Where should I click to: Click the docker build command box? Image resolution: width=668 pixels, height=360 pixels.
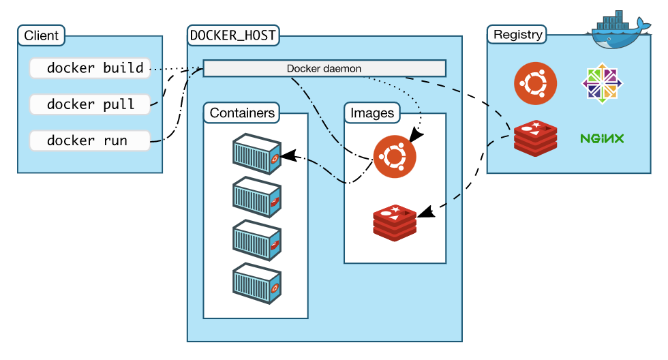click(x=90, y=68)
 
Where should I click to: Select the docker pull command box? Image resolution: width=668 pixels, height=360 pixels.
click(x=90, y=104)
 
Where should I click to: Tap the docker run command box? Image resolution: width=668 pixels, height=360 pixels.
click(x=90, y=140)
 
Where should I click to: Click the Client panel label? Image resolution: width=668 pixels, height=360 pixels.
click(x=42, y=35)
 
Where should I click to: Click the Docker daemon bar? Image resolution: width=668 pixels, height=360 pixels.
click(x=324, y=68)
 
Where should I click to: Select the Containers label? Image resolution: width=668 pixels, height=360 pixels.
click(x=242, y=113)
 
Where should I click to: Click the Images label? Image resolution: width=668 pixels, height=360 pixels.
click(x=371, y=113)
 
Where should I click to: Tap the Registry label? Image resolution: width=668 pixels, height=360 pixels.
click(x=518, y=35)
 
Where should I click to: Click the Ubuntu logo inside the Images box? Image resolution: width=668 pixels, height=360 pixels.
click(x=394, y=156)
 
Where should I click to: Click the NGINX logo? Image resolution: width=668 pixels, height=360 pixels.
click(x=602, y=138)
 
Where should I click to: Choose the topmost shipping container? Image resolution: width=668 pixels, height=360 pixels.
click(x=257, y=153)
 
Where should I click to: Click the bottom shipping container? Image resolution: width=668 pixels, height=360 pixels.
click(x=257, y=283)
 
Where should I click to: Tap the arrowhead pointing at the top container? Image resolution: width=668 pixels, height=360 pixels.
click(x=289, y=155)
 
